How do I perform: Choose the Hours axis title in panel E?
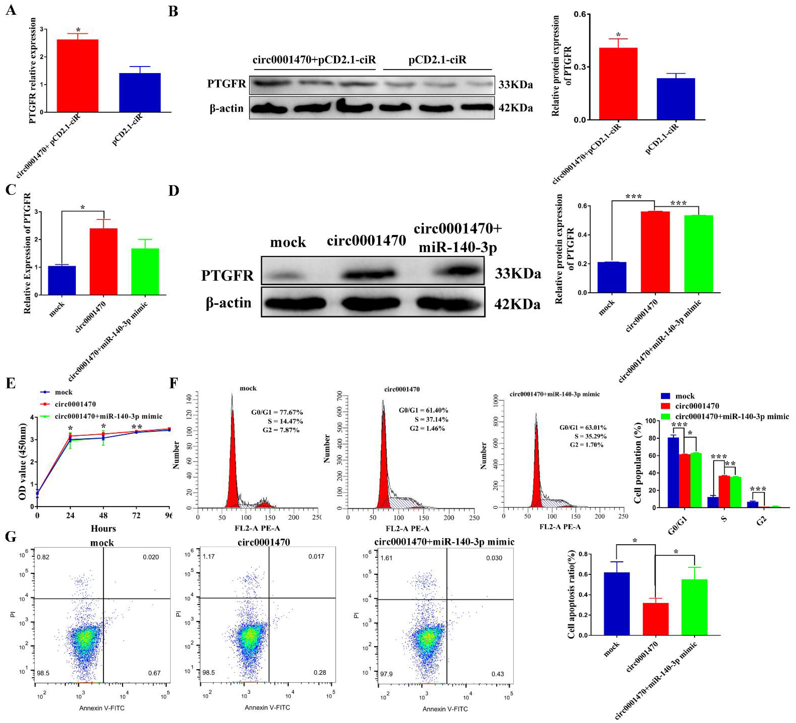pos(103,528)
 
